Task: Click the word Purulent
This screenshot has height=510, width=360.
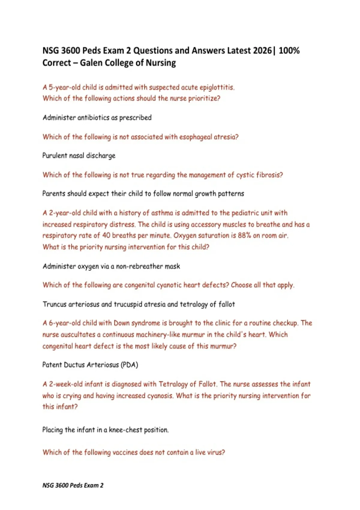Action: tap(55, 156)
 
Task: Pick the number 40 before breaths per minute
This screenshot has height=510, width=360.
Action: tap(106, 235)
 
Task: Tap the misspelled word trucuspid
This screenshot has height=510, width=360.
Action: tap(128, 304)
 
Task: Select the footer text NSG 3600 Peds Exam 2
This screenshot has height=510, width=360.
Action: tap(73, 485)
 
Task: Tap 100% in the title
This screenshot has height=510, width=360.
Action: tap(289, 50)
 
